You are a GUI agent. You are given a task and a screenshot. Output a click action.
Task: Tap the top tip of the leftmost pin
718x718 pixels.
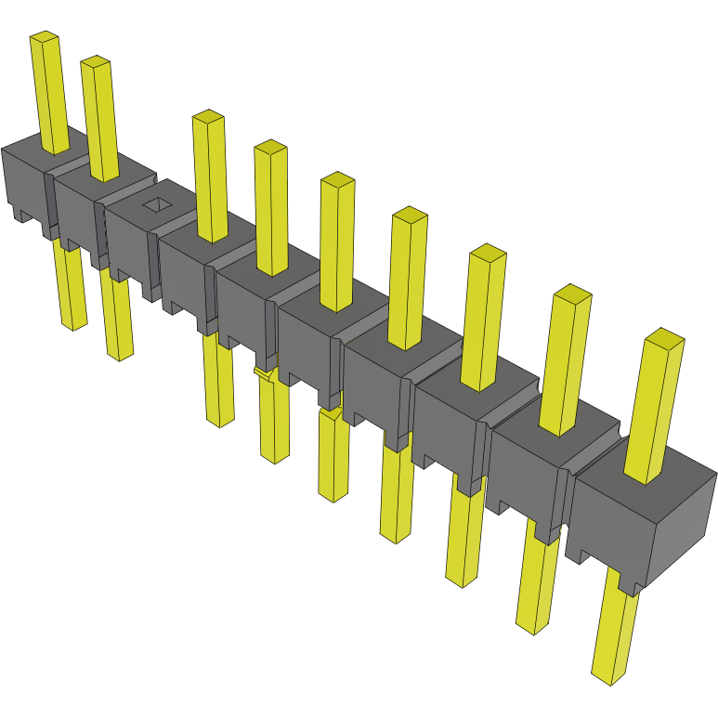coord(44,37)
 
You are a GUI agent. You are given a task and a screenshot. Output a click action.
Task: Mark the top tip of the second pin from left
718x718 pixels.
coord(96,61)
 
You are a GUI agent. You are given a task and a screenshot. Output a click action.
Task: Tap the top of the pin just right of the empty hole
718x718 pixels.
coord(208,116)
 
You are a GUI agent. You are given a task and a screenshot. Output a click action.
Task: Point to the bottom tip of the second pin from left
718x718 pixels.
coord(119,354)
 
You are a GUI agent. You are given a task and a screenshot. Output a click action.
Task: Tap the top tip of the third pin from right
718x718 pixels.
coord(487,252)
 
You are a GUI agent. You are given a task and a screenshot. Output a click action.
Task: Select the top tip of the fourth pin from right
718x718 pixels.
coord(409,215)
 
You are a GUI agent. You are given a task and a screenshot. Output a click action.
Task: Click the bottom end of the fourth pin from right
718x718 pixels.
coord(395,536)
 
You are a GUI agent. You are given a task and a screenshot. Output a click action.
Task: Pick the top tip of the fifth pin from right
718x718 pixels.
coord(337,179)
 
